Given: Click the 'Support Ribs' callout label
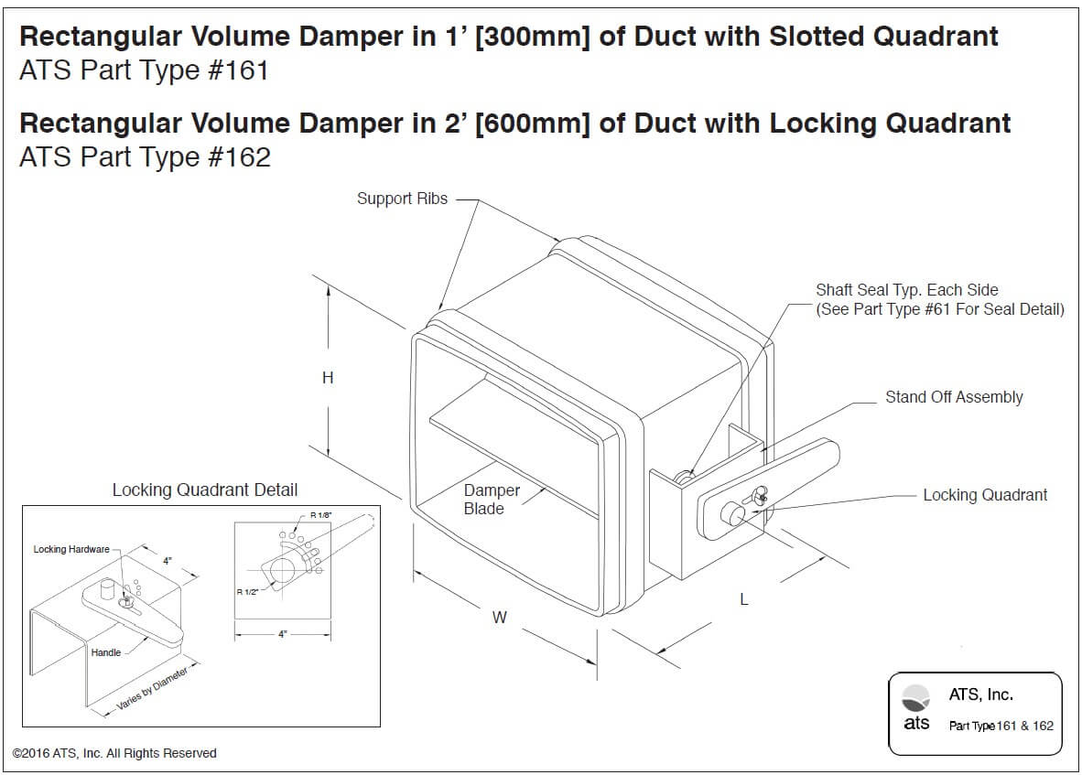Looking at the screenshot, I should click(x=402, y=199).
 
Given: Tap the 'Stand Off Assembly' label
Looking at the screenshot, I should click(x=953, y=397).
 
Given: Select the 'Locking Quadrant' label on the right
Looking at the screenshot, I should click(x=984, y=495).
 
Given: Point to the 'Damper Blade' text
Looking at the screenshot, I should click(x=491, y=500).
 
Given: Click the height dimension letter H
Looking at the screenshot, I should click(x=328, y=378).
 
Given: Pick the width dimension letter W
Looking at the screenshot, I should click(x=499, y=618).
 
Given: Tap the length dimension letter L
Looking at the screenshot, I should click(x=744, y=600).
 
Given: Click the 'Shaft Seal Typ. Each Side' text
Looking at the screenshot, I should click(x=906, y=290).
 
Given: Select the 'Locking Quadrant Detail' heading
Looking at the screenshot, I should click(x=204, y=490).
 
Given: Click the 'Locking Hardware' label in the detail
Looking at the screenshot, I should click(x=70, y=549).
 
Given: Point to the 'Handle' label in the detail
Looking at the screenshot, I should click(x=105, y=652).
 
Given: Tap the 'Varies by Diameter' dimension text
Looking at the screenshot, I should click(x=152, y=691).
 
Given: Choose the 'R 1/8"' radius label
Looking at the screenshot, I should click(x=320, y=516).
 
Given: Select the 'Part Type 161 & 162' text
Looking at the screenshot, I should click(x=1001, y=726).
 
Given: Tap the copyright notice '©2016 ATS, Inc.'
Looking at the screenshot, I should click(x=114, y=753).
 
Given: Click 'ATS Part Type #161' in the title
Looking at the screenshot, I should click(x=144, y=70).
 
